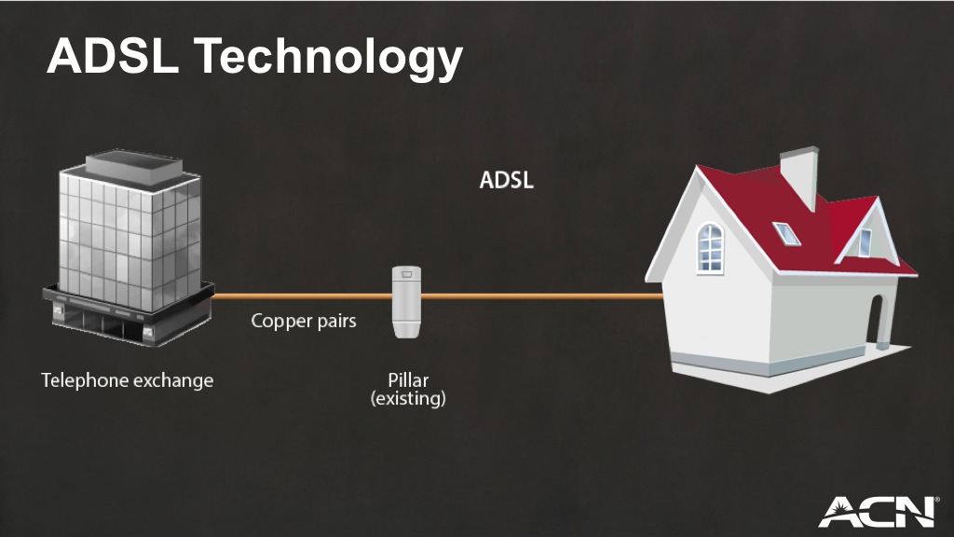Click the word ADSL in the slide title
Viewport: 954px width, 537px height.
(113, 56)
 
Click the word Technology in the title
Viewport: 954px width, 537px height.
(329, 60)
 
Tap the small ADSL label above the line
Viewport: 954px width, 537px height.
(506, 180)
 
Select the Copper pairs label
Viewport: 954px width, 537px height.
(304, 321)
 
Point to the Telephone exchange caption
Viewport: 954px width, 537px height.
(127, 380)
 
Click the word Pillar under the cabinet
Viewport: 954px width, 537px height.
(408, 380)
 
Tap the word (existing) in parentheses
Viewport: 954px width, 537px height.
(408, 399)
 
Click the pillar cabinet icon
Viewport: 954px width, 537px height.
(406, 301)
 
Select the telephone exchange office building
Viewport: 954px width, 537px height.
(129, 248)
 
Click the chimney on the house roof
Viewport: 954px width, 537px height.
(800, 176)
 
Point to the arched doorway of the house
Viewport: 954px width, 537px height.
(876, 321)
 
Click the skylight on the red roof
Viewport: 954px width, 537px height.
(786, 233)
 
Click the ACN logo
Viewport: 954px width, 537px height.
(877, 512)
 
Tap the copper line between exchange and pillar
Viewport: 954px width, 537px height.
(303, 296)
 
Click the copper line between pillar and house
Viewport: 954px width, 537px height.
(542, 296)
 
